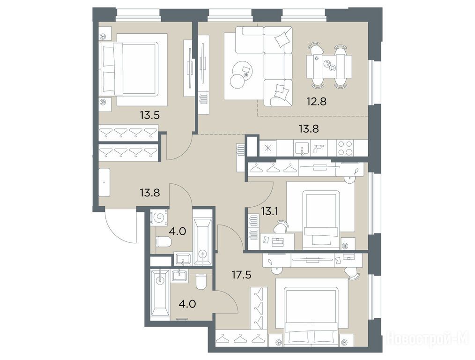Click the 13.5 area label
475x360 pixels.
(149, 115)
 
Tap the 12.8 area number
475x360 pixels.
(316, 101)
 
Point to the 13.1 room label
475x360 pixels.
(270, 211)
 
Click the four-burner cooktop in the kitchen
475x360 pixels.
(345, 148)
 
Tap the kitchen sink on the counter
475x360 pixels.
(302, 148)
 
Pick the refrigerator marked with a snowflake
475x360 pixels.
(267, 148)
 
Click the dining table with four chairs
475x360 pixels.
(329, 67)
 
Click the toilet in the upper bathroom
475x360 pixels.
(163, 242)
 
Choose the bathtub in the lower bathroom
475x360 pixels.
(160, 295)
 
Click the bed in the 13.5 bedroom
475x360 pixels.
(134, 69)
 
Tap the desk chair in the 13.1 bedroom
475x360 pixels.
(282, 226)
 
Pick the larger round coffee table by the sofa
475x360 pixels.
(241, 70)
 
